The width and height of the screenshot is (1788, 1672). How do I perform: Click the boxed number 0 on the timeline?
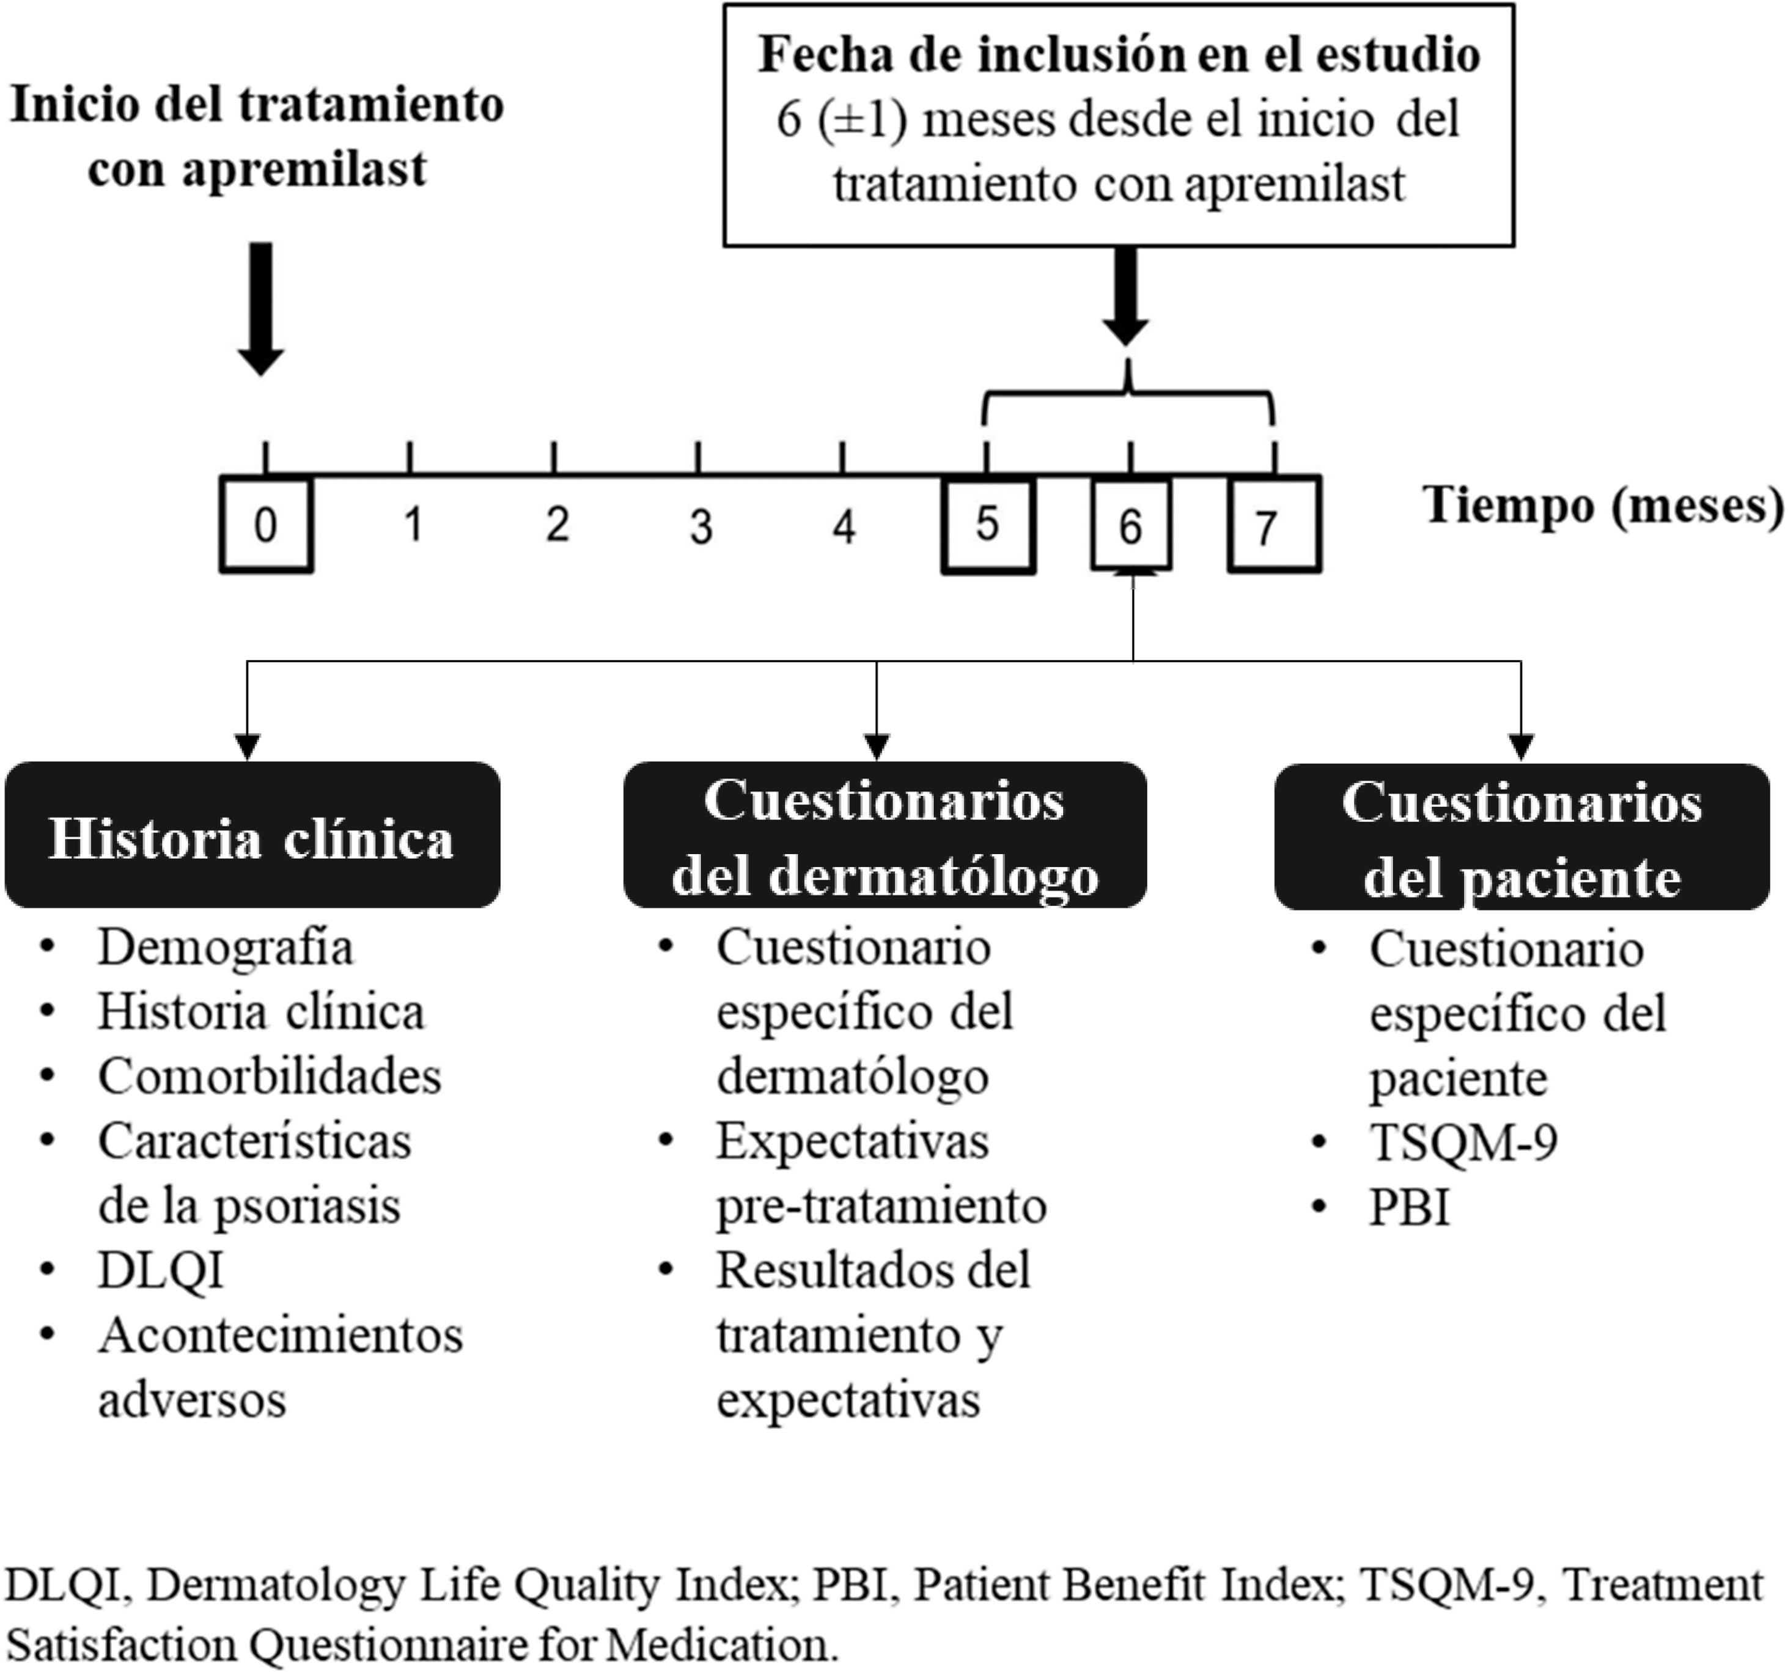point(265,525)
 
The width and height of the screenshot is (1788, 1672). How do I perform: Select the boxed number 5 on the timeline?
point(988,525)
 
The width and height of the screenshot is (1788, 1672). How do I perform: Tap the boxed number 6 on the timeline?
point(1130,525)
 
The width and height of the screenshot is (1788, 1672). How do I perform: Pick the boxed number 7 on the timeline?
point(1273,525)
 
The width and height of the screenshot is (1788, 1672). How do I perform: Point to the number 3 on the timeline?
point(701,526)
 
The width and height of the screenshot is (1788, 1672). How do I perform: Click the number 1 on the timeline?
point(413,525)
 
